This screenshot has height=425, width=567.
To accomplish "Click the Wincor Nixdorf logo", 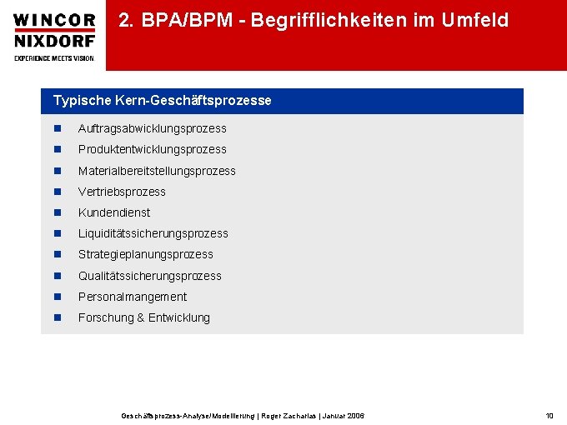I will point(54,36).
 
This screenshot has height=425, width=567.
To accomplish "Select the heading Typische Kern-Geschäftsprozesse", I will point(162,101).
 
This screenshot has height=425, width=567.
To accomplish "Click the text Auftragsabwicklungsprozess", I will point(152,128).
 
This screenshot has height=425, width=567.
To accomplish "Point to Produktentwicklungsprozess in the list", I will point(152,149).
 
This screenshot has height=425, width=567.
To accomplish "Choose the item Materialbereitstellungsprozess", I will point(157,171).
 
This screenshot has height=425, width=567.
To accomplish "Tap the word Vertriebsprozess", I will point(122,192).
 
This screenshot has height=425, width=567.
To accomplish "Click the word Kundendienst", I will point(114,212).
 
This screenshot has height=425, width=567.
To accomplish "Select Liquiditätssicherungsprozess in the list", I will point(153,233).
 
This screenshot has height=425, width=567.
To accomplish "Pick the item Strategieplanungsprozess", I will point(145,254).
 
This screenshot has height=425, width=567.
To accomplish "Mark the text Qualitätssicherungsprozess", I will point(149,276).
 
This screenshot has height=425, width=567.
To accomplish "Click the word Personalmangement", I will point(132,297).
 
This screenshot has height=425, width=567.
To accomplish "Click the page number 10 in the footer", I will point(549,415).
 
